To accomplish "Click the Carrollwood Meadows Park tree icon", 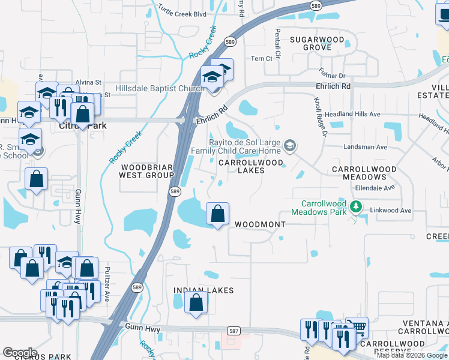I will coord(356,207).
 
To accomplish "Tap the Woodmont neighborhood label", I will coord(259,224).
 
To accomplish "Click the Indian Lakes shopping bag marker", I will coord(196,302).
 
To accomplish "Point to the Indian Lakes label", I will coord(203,290).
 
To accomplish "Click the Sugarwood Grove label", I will coord(318,43).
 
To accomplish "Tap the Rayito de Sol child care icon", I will coord(290,145).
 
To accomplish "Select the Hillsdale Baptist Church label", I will coord(151,88).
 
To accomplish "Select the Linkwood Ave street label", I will coord(390,211).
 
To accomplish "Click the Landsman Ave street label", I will coord(365,147).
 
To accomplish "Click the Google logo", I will coord(20,353).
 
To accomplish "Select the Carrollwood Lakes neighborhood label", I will coord(241,166).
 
